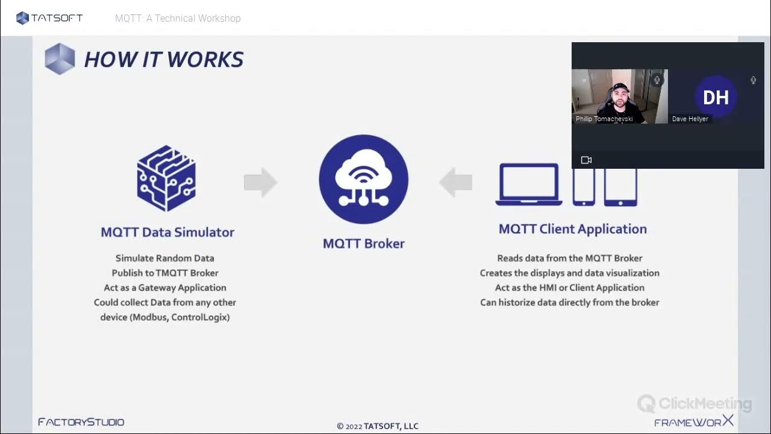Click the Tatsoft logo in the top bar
click(x=49, y=18)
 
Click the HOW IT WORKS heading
click(x=163, y=59)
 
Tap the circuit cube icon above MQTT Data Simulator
click(x=166, y=178)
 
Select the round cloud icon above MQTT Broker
click(x=363, y=179)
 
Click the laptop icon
click(x=528, y=184)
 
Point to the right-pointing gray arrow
click(x=260, y=182)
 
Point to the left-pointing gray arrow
click(x=455, y=182)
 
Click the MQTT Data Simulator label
click(x=167, y=232)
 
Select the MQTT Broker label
click(x=363, y=244)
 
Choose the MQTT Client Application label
click(x=572, y=229)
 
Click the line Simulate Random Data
click(x=164, y=258)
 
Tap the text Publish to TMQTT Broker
click(x=164, y=273)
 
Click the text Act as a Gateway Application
click(x=164, y=288)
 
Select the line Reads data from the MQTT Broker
click(x=569, y=258)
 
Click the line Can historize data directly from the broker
click(x=569, y=303)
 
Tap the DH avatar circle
click(x=716, y=97)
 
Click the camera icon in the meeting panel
click(x=586, y=160)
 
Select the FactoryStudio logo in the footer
click(x=81, y=422)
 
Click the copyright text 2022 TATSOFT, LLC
click(x=378, y=426)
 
